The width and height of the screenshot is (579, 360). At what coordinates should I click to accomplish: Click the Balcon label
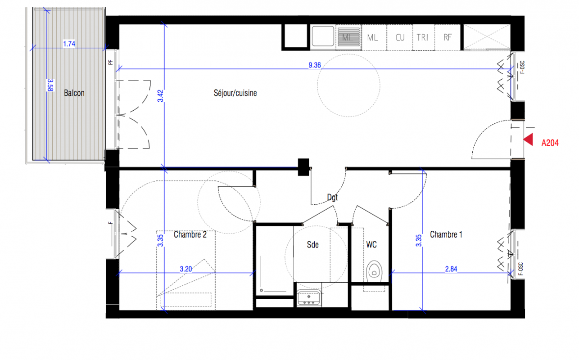point(74,93)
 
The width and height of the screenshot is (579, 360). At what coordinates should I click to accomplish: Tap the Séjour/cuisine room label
point(235,93)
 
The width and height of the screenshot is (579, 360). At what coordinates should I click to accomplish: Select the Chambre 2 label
point(190,234)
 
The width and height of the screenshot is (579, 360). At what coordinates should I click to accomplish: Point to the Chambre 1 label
point(446,234)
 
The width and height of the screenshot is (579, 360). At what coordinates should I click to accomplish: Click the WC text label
point(371,244)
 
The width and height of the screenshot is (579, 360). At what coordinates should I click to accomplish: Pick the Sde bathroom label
point(313,244)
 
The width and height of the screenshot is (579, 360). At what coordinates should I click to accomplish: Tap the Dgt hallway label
point(332,198)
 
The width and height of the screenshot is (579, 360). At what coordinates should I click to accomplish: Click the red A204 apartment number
point(550,143)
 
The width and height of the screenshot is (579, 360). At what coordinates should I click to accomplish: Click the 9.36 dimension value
point(315,65)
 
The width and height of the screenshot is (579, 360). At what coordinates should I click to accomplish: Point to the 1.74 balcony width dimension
point(69,44)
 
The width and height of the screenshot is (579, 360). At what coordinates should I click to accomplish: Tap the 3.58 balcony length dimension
point(50,85)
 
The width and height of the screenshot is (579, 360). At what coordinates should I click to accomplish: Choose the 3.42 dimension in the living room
point(161,95)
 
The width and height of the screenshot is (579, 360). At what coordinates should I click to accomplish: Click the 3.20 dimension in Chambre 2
point(186,269)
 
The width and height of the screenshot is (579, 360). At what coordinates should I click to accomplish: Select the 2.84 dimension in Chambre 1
point(451,269)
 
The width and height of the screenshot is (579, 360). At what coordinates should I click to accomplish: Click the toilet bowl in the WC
point(374,271)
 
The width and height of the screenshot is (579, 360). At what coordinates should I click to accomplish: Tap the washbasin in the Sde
point(309,298)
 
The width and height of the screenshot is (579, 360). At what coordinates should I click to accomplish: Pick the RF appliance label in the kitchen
point(448,37)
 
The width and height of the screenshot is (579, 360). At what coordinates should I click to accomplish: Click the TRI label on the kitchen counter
point(422,38)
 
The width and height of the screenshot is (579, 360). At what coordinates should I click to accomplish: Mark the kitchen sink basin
point(323,36)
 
